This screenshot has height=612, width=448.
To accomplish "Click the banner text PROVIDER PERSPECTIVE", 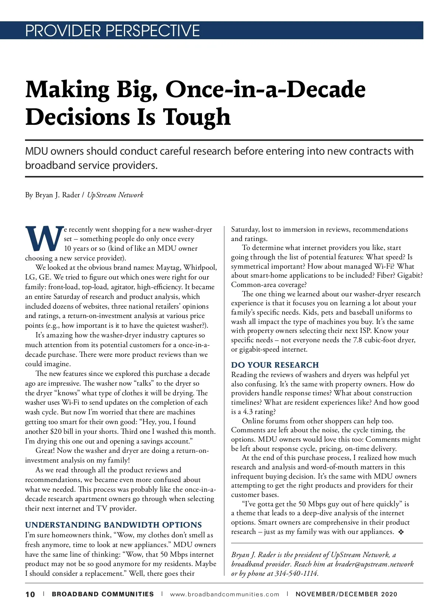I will pyautogui.click(x=112, y=31).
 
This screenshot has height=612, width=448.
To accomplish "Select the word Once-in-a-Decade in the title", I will pyautogui.click(x=265, y=89).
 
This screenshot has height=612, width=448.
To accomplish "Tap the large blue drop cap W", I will pyautogui.click(x=44, y=238).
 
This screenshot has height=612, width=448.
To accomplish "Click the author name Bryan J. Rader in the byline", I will pyautogui.click(x=57, y=195).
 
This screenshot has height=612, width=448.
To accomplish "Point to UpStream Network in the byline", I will pyautogui.click(x=115, y=195).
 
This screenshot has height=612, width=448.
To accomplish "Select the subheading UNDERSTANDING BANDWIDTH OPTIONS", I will pyautogui.click(x=113, y=525).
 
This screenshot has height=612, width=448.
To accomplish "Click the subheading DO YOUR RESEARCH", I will pyautogui.click(x=275, y=365).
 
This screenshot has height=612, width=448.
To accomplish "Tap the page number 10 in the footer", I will pyautogui.click(x=30, y=594).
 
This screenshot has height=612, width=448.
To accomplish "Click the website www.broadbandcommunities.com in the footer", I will pyautogui.click(x=224, y=594).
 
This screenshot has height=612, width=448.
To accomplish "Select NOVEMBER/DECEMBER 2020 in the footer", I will pyautogui.click(x=346, y=594).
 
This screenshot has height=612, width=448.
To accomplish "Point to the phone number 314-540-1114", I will pyautogui.click(x=296, y=574).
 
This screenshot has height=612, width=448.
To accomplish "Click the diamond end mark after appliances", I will pyautogui.click(x=401, y=532).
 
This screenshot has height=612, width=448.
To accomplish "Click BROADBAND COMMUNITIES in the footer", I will pyautogui.click(x=103, y=594).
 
